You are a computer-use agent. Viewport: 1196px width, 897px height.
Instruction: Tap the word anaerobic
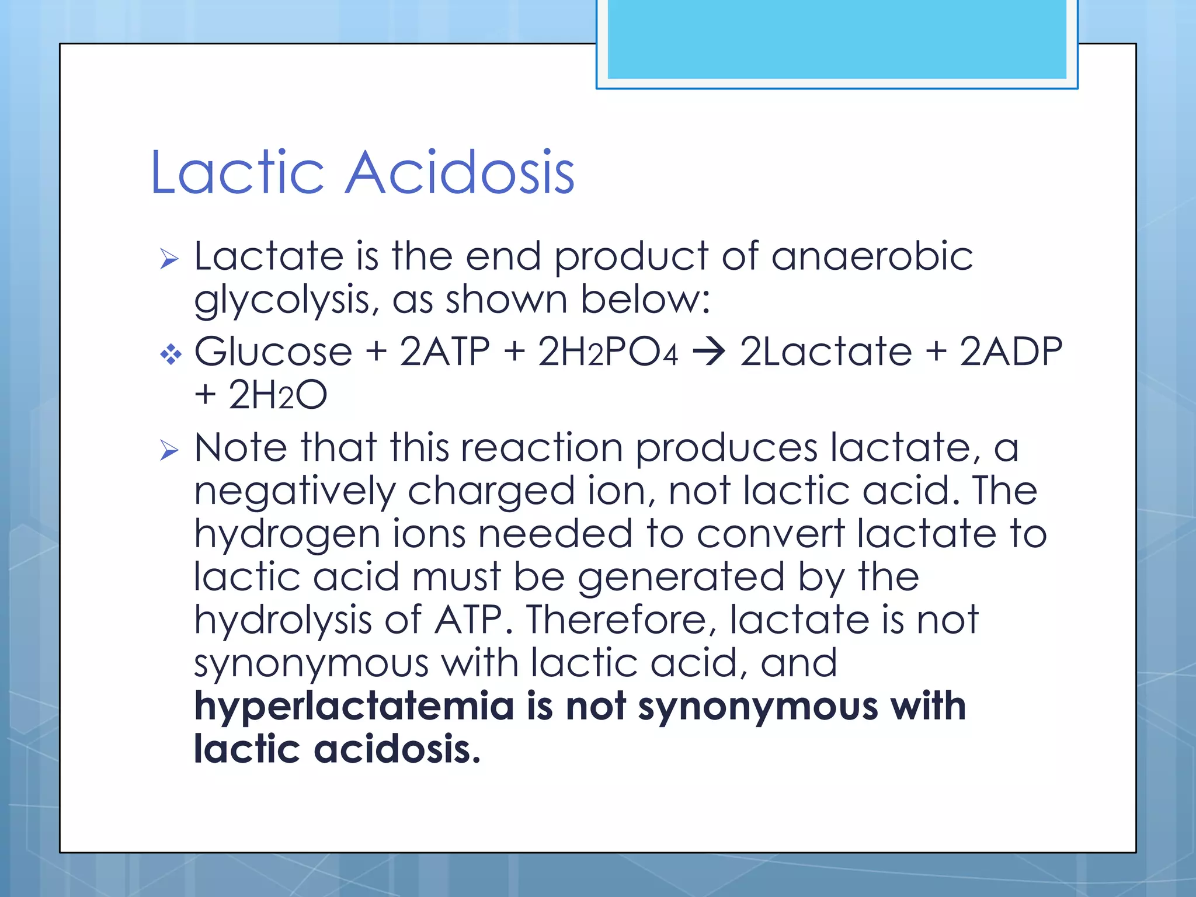coord(872,256)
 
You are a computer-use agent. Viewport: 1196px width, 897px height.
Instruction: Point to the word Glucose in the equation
coord(273,352)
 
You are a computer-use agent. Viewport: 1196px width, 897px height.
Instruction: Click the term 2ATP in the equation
coord(444,352)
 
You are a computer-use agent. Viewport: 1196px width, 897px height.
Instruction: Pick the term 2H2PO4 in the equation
coord(608,352)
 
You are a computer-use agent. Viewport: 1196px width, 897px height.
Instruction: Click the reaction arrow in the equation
coord(708,352)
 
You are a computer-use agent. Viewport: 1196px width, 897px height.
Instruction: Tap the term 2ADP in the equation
coord(1011,352)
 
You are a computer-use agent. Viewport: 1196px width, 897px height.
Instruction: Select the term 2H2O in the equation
coord(277,395)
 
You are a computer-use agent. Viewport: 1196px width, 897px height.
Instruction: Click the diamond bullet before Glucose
coord(171,354)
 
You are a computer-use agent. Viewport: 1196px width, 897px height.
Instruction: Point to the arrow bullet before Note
coord(169,450)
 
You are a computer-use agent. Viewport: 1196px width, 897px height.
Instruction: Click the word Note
coord(241,447)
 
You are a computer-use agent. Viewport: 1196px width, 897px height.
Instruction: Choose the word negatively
coord(295,491)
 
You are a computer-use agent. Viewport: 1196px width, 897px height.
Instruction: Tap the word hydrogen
coord(287,534)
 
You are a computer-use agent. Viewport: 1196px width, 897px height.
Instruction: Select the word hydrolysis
coord(283,620)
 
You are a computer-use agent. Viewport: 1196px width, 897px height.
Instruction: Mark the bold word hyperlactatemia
coord(354,706)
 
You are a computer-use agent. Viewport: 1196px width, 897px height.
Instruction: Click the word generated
coord(681,577)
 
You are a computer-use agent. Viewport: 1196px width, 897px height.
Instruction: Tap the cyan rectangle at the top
coord(836,39)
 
